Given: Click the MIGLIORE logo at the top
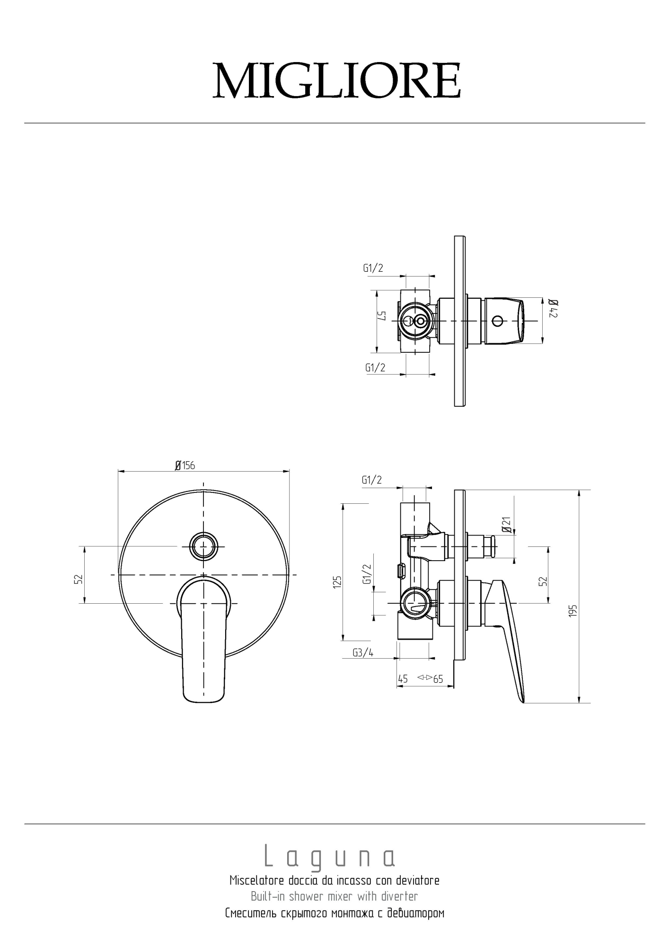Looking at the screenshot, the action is click(x=336, y=80).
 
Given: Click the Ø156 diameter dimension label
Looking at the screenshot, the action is click(x=185, y=465).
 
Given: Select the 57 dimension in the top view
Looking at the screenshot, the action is click(x=382, y=315).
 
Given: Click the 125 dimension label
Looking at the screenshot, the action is click(x=337, y=582).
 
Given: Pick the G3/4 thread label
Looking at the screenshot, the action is click(x=363, y=652).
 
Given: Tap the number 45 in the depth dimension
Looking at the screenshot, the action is click(x=403, y=679).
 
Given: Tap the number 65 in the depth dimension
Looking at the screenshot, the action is click(x=438, y=679).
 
